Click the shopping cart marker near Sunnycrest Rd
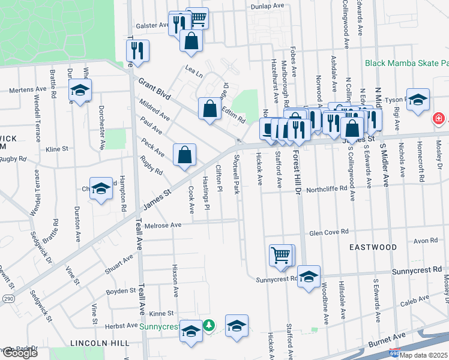[x=280, y=255]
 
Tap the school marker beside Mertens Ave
[x=79, y=91]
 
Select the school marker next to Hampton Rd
[x=101, y=188]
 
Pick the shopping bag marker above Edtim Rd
[x=209, y=109]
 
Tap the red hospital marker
[x=439, y=119]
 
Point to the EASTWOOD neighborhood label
[x=374, y=247]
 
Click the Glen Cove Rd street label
[x=329, y=232]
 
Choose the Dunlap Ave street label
[x=267, y=5]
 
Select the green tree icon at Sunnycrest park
[x=208, y=325]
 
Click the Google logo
[x=20, y=353]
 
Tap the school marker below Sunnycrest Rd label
[x=309, y=277]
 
